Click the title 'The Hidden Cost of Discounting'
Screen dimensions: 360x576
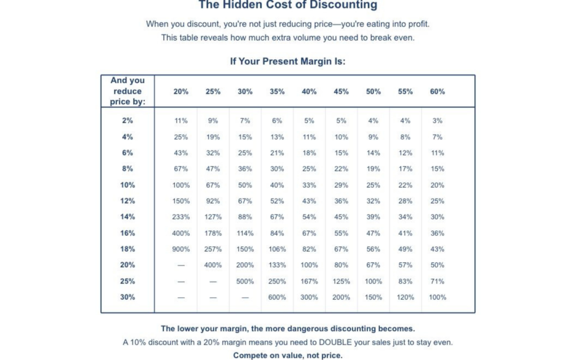[x=288, y=5]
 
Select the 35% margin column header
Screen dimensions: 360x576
[x=277, y=91]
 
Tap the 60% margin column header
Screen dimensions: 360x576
[x=437, y=91]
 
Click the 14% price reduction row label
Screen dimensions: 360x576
[x=127, y=217]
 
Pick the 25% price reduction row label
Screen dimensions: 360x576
[x=127, y=281]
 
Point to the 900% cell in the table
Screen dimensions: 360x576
[x=181, y=249]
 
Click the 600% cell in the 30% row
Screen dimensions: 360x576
[x=277, y=297]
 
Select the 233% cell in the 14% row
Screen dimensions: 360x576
[x=181, y=217]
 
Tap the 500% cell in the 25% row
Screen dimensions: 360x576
[x=245, y=281]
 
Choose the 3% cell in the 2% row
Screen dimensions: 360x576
[x=437, y=121]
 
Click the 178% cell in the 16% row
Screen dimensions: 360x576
[x=213, y=233]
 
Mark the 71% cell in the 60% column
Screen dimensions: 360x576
[x=437, y=281]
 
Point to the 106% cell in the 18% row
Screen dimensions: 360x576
[x=277, y=249]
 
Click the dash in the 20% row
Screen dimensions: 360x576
[x=181, y=265]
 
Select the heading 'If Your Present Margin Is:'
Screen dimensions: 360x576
[x=288, y=61]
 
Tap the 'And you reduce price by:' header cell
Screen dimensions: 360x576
[x=127, y=91]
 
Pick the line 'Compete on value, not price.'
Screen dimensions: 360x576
[x=288, y=355]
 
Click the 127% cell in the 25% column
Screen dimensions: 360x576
[x=213, y=217]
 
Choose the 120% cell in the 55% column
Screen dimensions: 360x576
[x=405, y=297]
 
